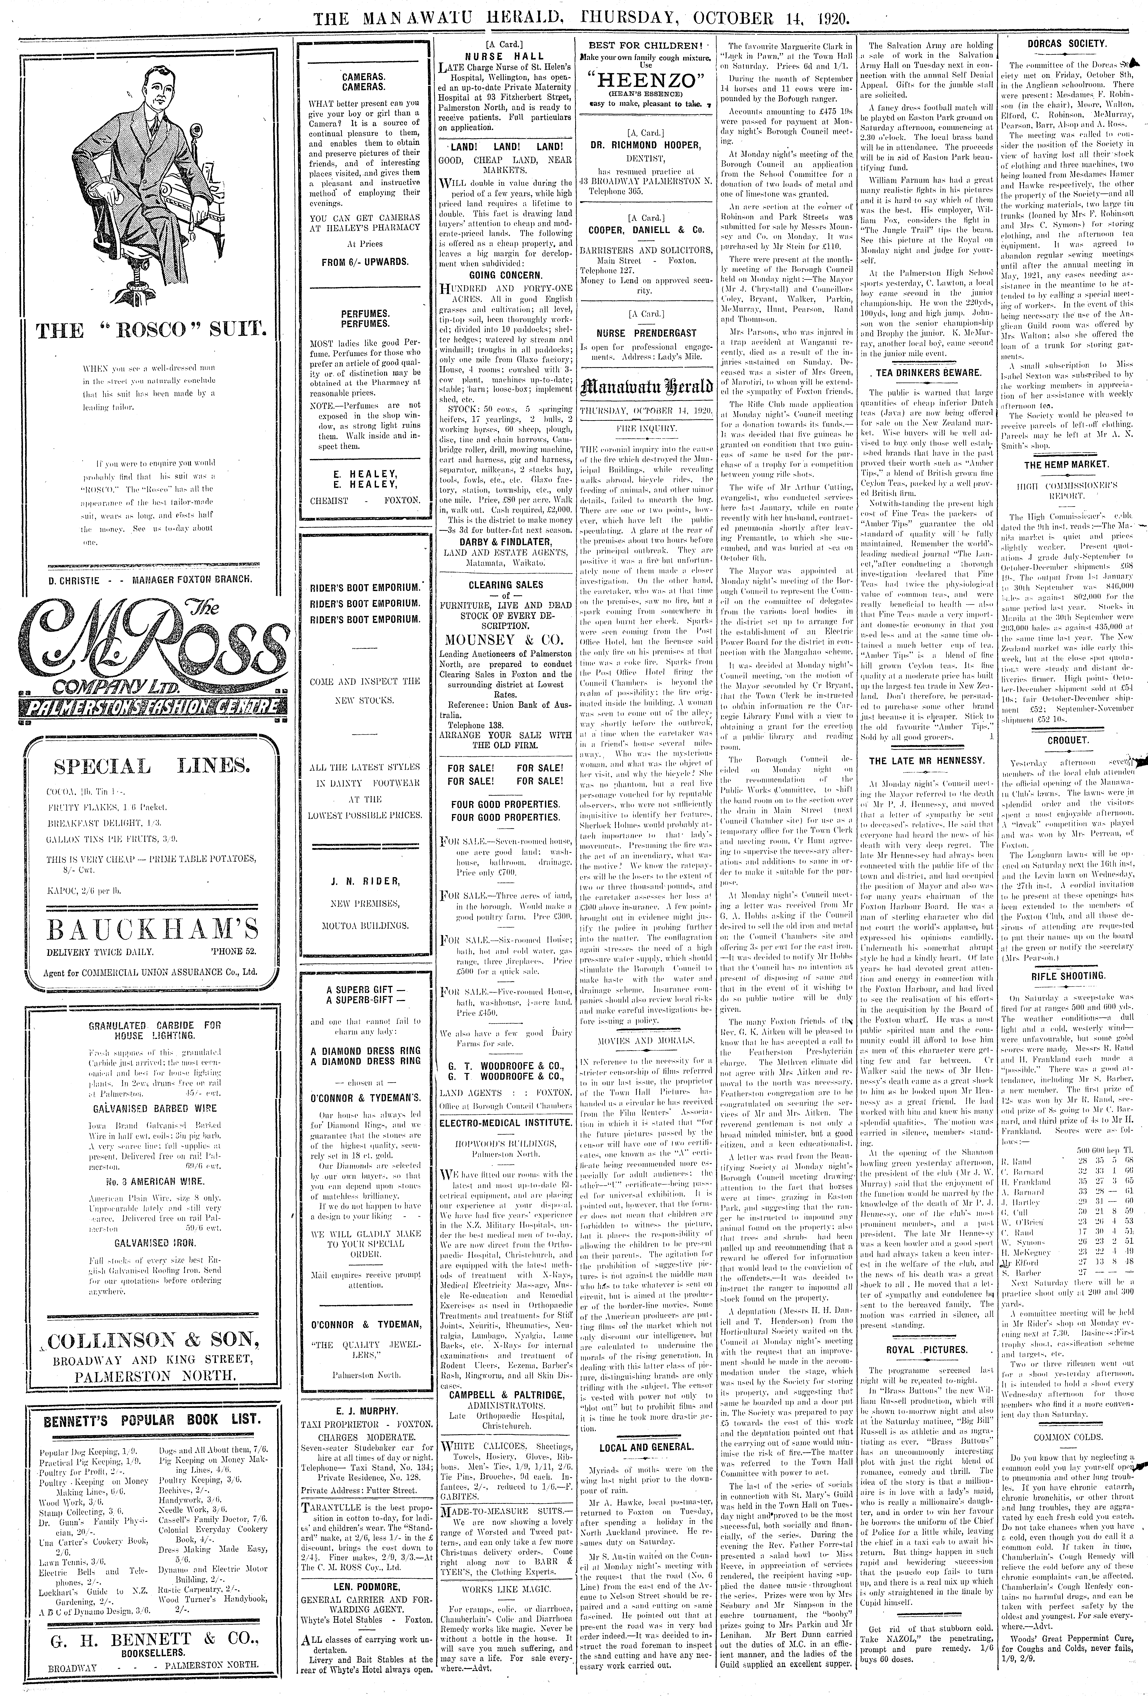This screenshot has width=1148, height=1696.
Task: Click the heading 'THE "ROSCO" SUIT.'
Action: [152, 331]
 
